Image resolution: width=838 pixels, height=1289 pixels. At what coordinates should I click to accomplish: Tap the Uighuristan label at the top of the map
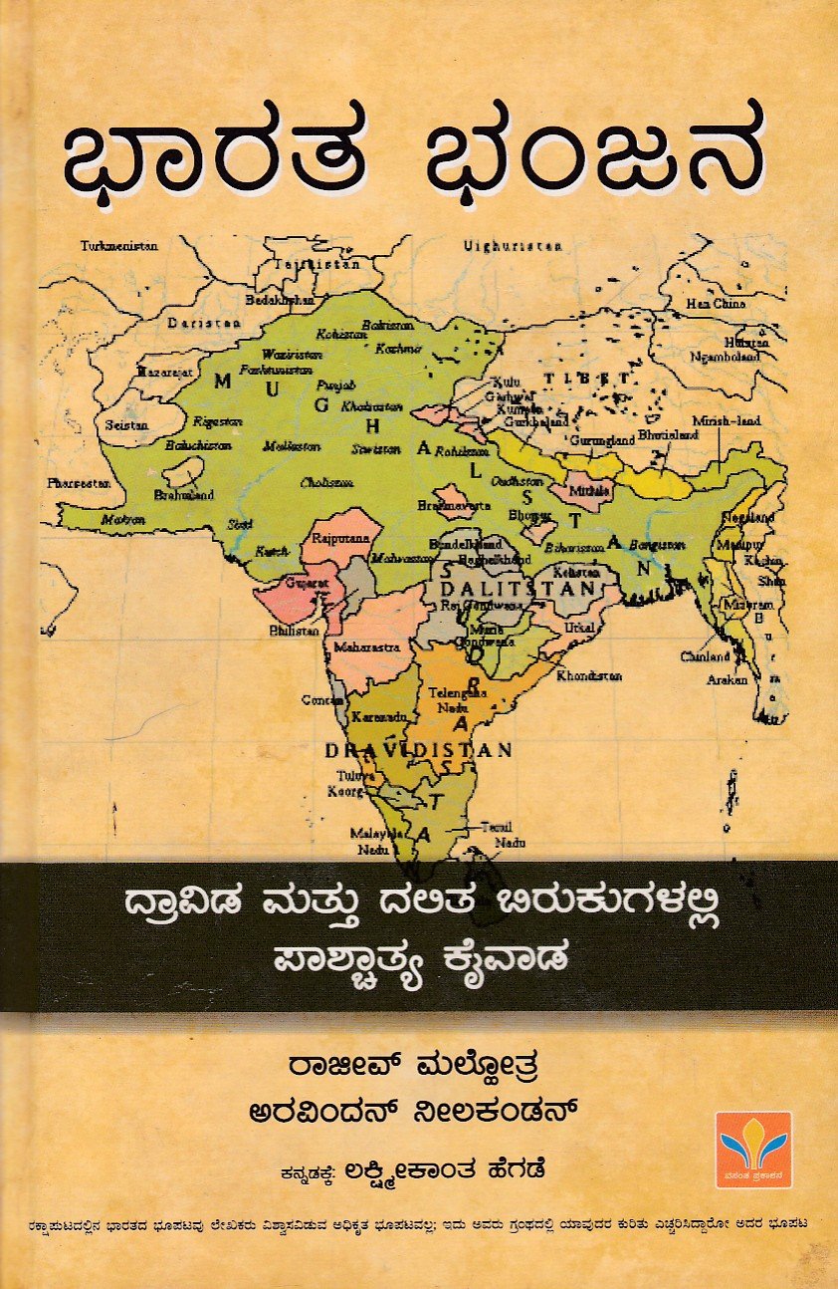click(x=514, y=245)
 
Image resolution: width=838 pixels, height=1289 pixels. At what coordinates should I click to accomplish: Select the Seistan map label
click(x=125, y=424)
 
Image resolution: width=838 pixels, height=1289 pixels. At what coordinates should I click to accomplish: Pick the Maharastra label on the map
click(x=365, y=645)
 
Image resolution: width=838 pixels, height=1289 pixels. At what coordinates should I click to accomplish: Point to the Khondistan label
click(x=589, y=675)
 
